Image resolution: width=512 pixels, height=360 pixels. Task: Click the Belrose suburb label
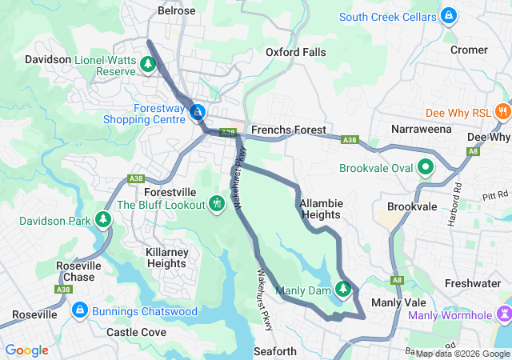(176, 10)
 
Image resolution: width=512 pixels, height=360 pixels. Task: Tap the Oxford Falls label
(295, 52)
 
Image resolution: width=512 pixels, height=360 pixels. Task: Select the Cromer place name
(469, 50)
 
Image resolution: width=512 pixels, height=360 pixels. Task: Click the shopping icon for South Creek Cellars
(450, 16)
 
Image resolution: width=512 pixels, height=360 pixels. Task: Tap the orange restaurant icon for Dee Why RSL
(502, 112)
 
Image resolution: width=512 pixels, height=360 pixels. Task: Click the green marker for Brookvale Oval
(426, 168)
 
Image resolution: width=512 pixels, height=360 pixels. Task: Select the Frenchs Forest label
(287, 130)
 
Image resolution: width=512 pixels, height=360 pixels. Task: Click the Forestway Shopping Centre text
(144, 114)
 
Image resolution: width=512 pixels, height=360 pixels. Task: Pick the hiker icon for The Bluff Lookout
(215, 204)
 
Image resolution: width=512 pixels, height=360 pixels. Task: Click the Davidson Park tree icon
(102, 219)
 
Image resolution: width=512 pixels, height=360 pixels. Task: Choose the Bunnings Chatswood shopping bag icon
(79, 310)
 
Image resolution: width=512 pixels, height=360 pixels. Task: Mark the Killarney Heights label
(166, 258)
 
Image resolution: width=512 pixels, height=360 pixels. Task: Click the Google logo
(27, 350)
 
